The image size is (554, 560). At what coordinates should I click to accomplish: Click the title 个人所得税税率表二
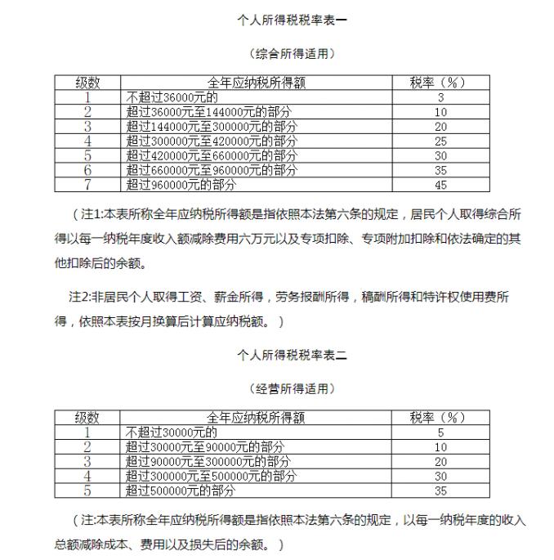click(292, 355)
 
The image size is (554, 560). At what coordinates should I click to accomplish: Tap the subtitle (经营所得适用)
click(292, 388)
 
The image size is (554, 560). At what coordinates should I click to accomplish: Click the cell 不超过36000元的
click(172, 97)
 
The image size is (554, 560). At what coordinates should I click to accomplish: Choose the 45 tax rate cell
click(440, 184)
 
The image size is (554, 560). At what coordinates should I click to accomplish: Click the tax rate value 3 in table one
click(440, 97)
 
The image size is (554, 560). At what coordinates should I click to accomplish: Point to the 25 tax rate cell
click(440, 141)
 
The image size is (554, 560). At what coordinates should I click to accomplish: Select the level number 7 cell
click(87, 184)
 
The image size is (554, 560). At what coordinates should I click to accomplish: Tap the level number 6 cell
click(87, 170)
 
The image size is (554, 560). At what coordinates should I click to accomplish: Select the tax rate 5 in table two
click(440, 432)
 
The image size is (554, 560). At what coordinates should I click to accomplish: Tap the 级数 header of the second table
click(87, 418)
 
